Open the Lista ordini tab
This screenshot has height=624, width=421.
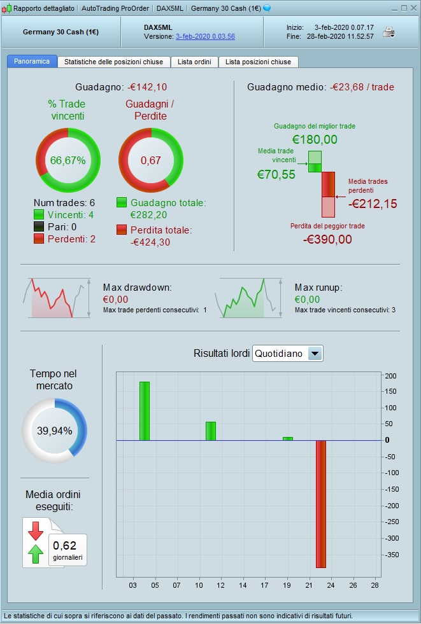194,62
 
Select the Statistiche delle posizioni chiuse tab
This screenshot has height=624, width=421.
113,62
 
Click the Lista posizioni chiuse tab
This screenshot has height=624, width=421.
258,62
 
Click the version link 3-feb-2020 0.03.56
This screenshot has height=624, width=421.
205,36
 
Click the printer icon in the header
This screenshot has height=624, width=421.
389,32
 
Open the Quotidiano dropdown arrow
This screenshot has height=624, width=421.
315,354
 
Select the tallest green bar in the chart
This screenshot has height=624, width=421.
145,410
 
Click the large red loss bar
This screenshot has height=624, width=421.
321,503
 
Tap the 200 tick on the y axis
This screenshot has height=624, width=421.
390,375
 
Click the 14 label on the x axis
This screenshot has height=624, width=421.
243,585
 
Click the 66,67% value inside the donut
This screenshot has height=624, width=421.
68,160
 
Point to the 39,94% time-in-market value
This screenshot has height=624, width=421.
54,431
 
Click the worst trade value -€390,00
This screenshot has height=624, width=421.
327,239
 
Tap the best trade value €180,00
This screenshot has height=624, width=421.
315,139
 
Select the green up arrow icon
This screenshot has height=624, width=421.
36,554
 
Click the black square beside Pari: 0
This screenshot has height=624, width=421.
39,226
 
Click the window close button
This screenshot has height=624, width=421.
413,8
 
